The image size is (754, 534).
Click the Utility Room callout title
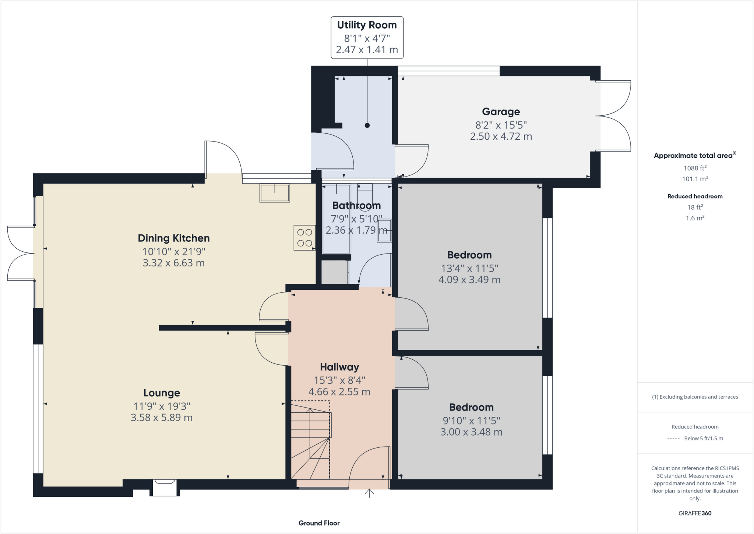367,25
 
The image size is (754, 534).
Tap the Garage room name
501,112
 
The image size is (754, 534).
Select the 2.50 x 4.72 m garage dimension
501,136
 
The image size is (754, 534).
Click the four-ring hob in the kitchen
304,238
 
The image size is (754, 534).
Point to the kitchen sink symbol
275,193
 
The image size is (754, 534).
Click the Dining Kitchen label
173,238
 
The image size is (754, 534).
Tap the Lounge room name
162,393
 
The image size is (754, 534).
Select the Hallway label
339,367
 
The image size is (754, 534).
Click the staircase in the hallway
311,440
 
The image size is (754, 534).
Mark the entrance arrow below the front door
369,493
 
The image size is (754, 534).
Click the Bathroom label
356,206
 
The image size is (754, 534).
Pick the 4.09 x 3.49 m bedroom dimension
469,280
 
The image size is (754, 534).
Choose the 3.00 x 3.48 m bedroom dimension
471,432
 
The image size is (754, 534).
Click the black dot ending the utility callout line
367,125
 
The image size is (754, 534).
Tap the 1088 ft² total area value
695,168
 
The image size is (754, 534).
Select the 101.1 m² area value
695,179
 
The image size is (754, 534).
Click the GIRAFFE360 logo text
695,513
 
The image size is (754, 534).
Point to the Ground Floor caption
319,523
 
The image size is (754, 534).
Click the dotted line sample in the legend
673,439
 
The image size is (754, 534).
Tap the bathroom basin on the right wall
384,231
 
